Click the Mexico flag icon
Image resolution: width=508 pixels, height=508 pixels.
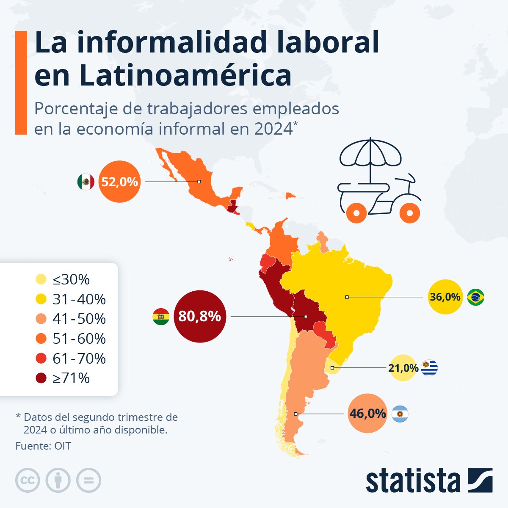(86, 182)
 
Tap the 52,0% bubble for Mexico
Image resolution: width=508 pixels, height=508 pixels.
(119, 182)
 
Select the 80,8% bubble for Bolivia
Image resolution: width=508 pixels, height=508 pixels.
(200, 316)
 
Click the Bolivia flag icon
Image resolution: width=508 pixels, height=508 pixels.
(161, 317)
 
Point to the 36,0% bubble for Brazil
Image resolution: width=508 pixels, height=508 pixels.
(445, 297)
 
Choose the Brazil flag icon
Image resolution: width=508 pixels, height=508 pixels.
(475, 297)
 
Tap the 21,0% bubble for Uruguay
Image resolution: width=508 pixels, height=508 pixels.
(403, 368)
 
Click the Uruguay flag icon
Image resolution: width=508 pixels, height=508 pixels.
(429, 368)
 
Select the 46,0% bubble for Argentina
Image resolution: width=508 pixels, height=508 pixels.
(367, 413)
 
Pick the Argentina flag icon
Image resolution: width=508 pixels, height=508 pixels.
(400, 414)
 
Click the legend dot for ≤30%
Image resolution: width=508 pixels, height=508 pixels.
(41, 280)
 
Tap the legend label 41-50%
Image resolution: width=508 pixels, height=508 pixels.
(79, 319)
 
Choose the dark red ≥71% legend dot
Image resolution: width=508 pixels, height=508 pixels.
(41, 378)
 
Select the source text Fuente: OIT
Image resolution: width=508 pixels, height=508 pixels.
(43, 446)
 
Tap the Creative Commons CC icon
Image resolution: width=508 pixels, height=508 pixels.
(28, 480)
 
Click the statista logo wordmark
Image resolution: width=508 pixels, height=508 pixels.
(413, 480)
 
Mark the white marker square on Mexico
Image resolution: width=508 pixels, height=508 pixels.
(199, 182)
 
